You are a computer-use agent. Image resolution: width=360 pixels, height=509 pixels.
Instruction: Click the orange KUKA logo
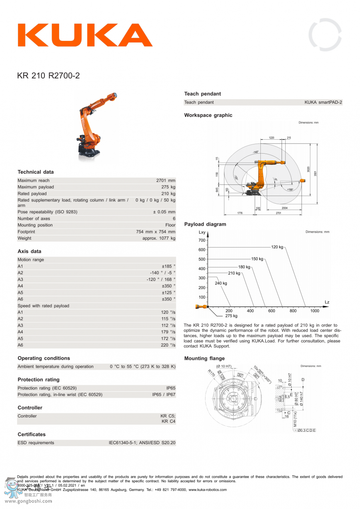coord(84,35)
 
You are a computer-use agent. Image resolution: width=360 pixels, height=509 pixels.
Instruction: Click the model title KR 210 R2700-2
coord(48,75)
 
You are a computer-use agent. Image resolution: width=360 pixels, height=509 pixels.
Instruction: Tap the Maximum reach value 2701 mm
coord(166,180)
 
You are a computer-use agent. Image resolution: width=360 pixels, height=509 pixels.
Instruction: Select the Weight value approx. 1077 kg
coord(159,238)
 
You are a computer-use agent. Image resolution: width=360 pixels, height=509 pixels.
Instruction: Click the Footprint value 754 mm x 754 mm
coord(156,232)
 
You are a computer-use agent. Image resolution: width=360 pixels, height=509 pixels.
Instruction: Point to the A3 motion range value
coord(161,279)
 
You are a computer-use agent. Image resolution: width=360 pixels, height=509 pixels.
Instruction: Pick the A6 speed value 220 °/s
coord(168,345)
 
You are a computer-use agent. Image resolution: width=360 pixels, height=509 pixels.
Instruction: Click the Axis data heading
coord(29,251)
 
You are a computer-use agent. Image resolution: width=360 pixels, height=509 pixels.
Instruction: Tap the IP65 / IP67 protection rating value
coord(164,395)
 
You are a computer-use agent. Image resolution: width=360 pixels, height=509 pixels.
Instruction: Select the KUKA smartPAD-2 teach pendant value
coord(323,102)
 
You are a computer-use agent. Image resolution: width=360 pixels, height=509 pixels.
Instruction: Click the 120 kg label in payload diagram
coord(277,247)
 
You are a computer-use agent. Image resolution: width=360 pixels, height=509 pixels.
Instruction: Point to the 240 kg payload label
coord(221,283)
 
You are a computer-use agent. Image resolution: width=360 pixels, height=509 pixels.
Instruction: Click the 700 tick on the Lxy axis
coord(202,240)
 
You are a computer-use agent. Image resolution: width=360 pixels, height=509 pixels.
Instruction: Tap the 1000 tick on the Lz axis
coord(315,311)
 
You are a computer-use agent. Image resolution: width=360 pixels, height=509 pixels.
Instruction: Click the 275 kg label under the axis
coord(231,316)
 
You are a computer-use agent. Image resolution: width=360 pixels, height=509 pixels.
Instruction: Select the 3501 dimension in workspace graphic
coord(315,173)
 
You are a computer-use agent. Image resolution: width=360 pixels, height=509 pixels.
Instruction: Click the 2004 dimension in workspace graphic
coord(284,208)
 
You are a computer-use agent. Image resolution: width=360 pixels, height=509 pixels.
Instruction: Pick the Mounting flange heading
coord(204,359)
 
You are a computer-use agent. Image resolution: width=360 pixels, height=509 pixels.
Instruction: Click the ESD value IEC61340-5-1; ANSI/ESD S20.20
coord(142,443)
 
